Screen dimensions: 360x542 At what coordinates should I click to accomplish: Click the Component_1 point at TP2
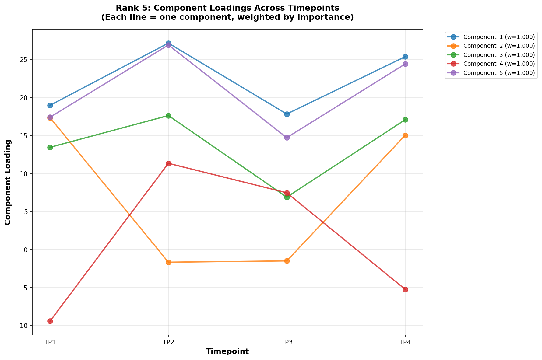[168, 44]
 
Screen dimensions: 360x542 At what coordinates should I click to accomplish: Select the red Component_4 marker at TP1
[50, 321]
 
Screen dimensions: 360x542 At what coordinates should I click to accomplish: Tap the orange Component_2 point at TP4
[405, 135]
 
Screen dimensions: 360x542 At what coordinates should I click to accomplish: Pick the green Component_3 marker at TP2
[168, 116]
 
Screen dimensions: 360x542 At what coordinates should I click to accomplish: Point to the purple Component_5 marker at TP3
[287, 138]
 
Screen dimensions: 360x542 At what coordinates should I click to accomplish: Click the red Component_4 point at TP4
[405, 289]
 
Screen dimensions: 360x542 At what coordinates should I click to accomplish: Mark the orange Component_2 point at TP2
[168, 262]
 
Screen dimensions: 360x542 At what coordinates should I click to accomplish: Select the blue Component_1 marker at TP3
[287, 114]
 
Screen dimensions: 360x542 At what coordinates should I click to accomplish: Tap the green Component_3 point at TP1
[50, 147]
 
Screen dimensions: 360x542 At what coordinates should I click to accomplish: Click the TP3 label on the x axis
[287, 342]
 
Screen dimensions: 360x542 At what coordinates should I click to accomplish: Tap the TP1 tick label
[50, 342]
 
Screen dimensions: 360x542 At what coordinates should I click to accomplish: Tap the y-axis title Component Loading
[8, 182]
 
